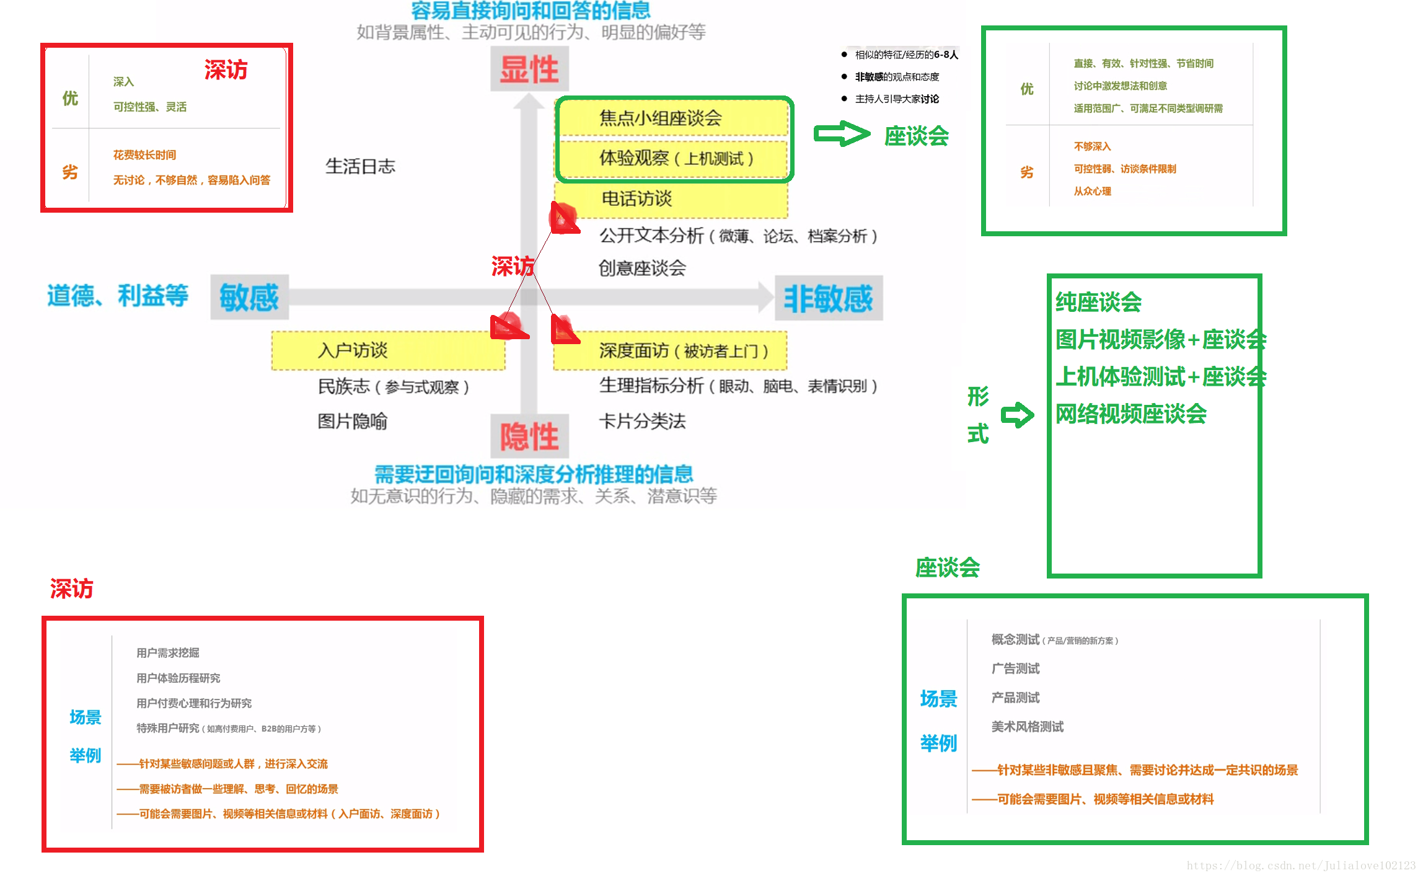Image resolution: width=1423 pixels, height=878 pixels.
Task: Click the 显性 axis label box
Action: click(x=529, y=69)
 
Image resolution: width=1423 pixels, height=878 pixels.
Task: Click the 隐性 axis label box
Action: click(x=529, y=436)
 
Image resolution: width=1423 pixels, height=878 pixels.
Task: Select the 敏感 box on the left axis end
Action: click(x=249, y=298)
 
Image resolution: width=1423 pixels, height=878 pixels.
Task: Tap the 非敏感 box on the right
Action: click(x=828, y=299)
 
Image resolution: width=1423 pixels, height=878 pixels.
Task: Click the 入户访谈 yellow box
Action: click(x=388, y=351)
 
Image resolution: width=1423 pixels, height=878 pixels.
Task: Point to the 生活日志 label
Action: click(x=360, y=166)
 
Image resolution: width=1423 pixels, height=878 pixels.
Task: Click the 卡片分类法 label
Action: click(x=642, y=422)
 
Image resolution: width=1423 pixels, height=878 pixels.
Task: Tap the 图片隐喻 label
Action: click(x=352, y=422)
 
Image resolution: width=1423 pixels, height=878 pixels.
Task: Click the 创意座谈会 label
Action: click(x=642, y=268)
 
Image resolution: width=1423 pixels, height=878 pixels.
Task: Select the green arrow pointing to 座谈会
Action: click(x=842, y=134)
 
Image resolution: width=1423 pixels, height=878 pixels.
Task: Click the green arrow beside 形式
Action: click(x=1017, y=415)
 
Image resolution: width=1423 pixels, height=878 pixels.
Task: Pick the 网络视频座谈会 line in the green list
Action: click(x=1131, y=414)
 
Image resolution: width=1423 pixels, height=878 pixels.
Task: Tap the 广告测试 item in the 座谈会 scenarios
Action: click(x=1015, y=668)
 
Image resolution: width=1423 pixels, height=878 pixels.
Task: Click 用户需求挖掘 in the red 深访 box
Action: click(x=168, y=653)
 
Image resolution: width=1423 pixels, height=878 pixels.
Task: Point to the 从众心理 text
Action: click(x=1092, y=192)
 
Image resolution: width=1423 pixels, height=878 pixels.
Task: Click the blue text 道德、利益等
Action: click(x=118, y=296)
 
